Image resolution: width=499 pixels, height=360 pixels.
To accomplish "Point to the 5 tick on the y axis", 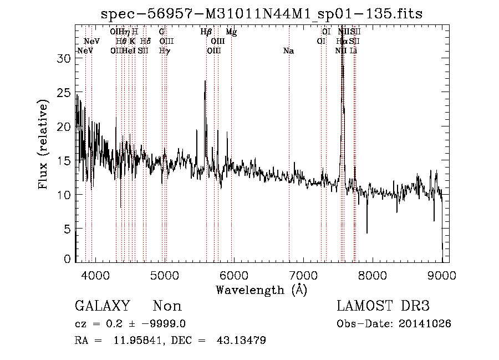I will pyautogui.click(x=68, y=229).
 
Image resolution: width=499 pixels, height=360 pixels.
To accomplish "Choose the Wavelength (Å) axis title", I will pyautogui.click(x=261, y=290).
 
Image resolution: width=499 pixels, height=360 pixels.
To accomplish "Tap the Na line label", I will pyautogui.click(x=288, y=51).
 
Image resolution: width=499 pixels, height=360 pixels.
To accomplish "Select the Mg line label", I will pyautogui.click(x=231, y=33).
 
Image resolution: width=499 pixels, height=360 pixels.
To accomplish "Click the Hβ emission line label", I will pyautogui.click(x=206, y=32).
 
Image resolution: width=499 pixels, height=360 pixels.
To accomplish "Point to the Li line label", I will pyautogui.click(x=353, y=51).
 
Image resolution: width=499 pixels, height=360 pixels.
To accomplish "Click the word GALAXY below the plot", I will pyautogui.click(x=102, y=306).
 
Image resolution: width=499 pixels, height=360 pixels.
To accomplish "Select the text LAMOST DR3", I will pyautogui.click(x=383, y=306).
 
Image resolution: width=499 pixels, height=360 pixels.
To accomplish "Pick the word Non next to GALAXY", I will pyautogui.click(x=167, y=306).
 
